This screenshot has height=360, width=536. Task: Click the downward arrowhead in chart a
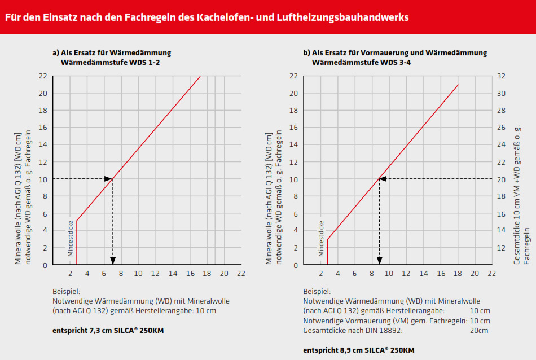click(113, 260)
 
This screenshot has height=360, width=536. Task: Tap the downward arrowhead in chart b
click(379, 260)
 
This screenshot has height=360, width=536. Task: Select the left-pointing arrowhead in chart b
click(383, 179)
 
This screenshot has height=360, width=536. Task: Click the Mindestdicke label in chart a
click(71, 237)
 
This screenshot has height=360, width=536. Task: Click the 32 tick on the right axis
click(500, 76)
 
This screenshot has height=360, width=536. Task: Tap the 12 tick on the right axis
click(500, 248)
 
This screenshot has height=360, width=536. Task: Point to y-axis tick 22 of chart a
click(43, 76)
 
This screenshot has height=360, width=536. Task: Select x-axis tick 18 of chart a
click(207, 273)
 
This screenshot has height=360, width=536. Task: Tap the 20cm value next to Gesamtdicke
click(479, 331)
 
